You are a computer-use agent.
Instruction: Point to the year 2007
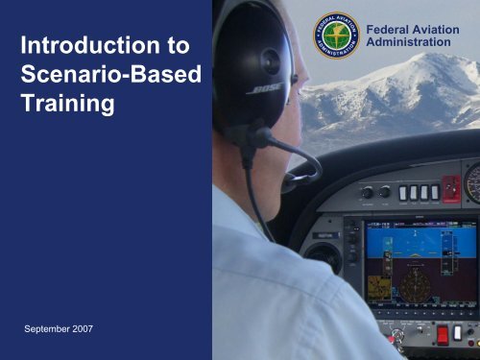pos(93,329)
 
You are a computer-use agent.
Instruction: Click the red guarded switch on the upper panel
pos(450,187)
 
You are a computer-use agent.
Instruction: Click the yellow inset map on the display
pos(377,284)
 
